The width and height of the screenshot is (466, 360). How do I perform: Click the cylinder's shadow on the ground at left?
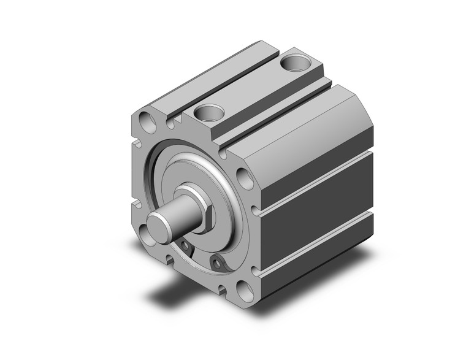[166, 288]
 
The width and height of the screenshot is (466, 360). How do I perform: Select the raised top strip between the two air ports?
[251, 86]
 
